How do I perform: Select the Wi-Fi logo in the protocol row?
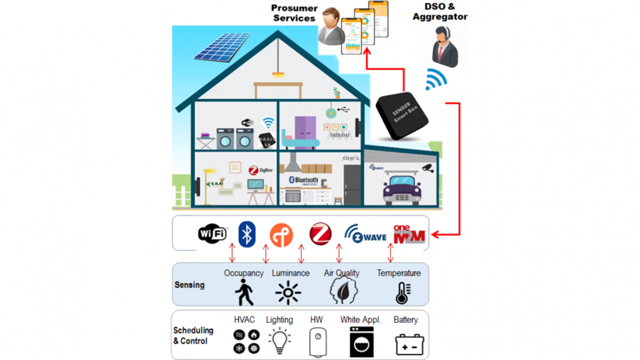coord(213,233)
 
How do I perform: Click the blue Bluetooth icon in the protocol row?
coord(247,234)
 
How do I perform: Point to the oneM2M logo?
coord(409,234)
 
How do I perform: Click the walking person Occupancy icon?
coord(243,292)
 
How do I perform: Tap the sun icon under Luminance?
coord(288,293)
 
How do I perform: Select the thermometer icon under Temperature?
coord(403,292)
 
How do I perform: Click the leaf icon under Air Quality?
coord(343,291)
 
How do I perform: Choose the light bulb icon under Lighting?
coord(279,341)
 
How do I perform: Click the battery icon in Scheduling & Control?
coord(410,344)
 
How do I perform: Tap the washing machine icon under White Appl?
coord(361,342)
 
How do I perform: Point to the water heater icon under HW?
coord(318,343)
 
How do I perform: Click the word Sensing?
coord(189,285)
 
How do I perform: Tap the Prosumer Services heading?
coord(294,13)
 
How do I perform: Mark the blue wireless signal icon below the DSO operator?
coord(435,80)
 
